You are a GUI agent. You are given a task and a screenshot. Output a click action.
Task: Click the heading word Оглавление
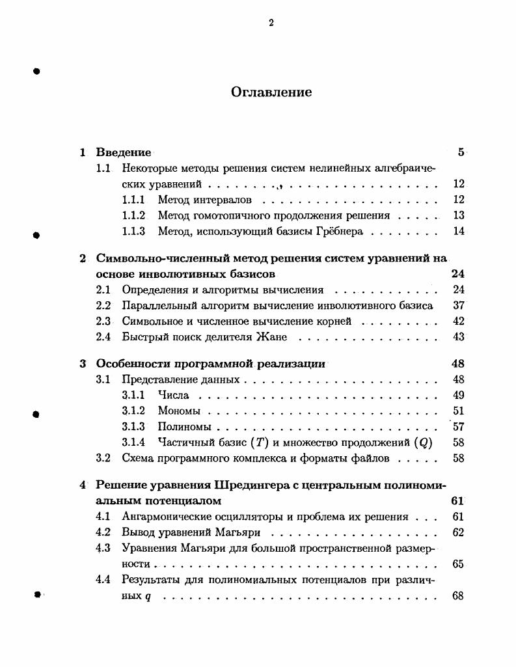271,92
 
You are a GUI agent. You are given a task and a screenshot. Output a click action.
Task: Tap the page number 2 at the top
271,23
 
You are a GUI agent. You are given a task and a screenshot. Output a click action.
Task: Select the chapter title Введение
124,153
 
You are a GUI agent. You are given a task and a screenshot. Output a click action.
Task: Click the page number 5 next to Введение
461,153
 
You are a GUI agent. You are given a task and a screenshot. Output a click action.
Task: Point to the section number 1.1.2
133,215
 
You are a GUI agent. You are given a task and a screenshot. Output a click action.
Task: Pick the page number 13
458,215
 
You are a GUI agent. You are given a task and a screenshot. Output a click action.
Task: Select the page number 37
458,306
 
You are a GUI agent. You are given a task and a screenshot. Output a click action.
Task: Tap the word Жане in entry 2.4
273,337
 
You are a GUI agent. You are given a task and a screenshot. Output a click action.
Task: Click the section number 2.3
103,321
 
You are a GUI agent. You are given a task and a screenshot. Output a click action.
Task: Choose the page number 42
458,321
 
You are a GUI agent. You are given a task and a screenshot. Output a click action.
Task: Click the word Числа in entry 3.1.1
173,396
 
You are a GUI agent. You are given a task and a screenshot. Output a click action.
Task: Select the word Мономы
179,411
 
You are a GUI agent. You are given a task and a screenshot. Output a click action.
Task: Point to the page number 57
458,427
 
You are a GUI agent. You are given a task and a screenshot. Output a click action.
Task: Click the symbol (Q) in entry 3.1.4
423,442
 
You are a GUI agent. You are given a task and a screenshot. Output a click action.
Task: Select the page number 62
457,533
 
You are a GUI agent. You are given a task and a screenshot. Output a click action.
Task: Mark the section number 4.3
103,549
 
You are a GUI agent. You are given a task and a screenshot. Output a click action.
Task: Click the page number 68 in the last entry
457,596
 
